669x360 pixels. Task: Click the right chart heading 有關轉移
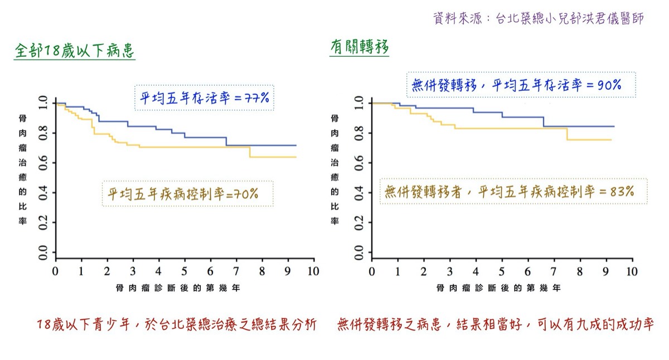tap(359, 48)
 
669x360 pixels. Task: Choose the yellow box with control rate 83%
tap(509, 191)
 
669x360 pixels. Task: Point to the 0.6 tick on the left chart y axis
tap(42, 163)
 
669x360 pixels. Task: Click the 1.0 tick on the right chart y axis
tap(359, 103)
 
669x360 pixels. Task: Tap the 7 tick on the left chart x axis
tap(236, 271)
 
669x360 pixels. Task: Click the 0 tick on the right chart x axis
tap(372, 271)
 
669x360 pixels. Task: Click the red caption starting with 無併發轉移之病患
tap(495, 325)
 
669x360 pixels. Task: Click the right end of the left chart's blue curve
tap(296, 145)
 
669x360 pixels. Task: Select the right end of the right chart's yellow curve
tap(611, 140)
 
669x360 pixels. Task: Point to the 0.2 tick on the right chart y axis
tap(359, 224)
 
